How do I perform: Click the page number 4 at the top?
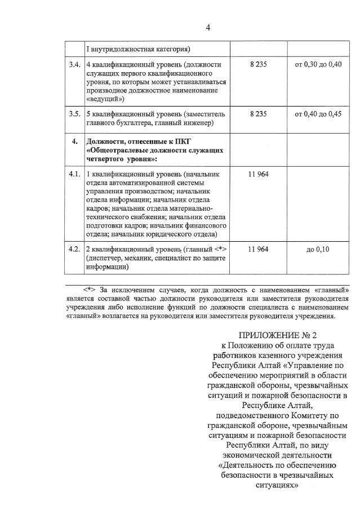[208, 28]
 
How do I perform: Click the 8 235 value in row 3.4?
[257, 64]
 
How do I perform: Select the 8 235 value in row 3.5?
[257, 114]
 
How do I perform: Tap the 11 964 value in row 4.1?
[257, 174]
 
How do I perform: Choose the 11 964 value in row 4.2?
[257, 249]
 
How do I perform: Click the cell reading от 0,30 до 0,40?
[318, 64]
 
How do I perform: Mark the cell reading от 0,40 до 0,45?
[318, 114]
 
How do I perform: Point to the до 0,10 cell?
[318, 250]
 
